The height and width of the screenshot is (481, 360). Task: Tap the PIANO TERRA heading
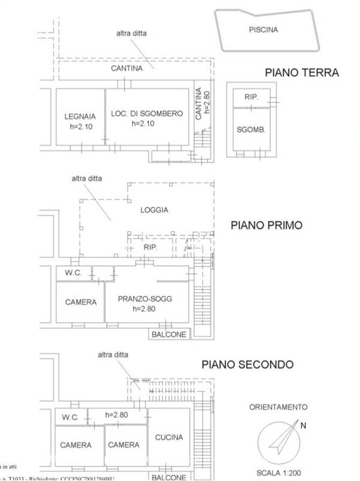pyautogui.click(x=302, y=73)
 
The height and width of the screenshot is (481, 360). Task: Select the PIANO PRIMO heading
pyautogui.click(x=266, y=225)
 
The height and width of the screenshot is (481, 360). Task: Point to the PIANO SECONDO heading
pyautogui.click(x=247, y=364)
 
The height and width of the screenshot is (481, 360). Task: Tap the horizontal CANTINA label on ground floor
pyautogui.click(x=127, y=69)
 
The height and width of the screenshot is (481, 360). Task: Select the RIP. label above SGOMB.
pyautogui.click(x=251, y=97)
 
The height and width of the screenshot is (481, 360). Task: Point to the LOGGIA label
pyautogui.click(x=154, y=210)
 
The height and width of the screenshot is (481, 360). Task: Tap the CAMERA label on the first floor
pyautogui.click(x=81, y=302)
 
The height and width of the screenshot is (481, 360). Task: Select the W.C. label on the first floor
pyautogui.click(x=73, y=274)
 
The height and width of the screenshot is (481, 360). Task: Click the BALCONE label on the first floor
pyautogui.click(x=169, y=335)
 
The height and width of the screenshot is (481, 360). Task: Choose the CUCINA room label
pyautogui.click(x=169, y=438)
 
